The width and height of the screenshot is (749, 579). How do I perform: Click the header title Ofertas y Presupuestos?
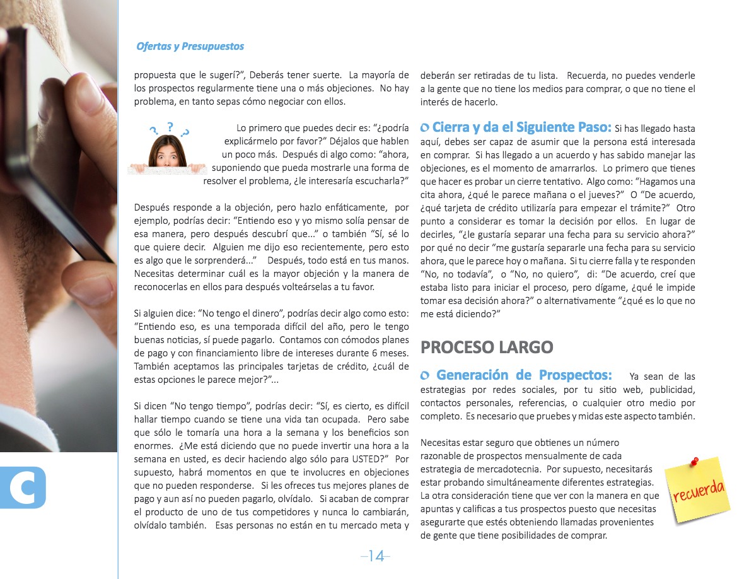[190, 47]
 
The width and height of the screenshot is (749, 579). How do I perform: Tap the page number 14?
[376, 556]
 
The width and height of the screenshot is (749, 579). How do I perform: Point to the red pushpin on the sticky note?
[695, 462]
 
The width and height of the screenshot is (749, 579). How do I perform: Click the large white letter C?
[23, 487]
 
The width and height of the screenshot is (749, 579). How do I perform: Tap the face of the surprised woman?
[167, 152]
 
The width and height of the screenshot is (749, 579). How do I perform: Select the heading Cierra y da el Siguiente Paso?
[521, 127]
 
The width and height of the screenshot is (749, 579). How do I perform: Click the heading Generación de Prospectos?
[524, 375]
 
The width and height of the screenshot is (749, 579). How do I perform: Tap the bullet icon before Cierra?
[425, 128]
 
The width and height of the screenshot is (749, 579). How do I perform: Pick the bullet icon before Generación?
[425, 377]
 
